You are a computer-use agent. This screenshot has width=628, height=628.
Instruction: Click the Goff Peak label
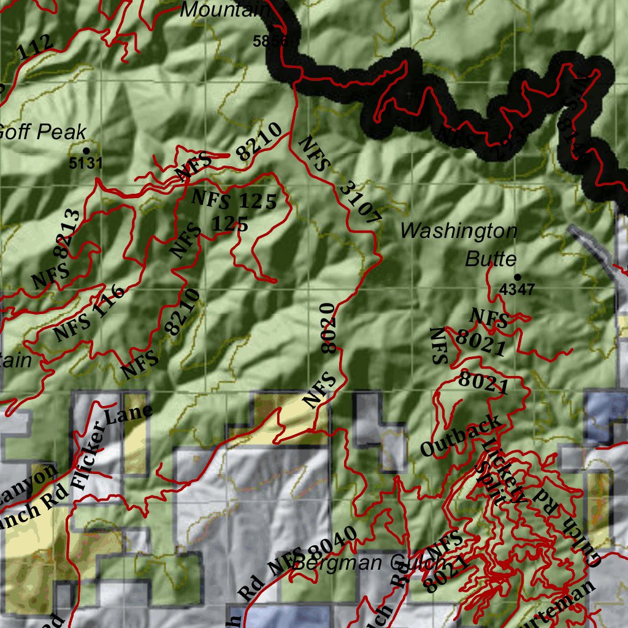point(42,132)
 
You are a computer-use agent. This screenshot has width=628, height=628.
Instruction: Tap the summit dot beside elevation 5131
point(86,150)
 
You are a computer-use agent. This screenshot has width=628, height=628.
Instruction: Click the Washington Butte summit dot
point(517,277)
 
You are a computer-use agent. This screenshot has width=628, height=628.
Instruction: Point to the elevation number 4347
point(518,289)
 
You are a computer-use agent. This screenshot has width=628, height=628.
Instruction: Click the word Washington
point(459,231)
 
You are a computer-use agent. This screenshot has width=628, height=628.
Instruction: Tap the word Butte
point(491,259)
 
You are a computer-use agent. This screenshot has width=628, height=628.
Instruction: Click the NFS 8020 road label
point(325,355)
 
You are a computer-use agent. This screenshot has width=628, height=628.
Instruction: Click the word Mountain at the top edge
point(226,9)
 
